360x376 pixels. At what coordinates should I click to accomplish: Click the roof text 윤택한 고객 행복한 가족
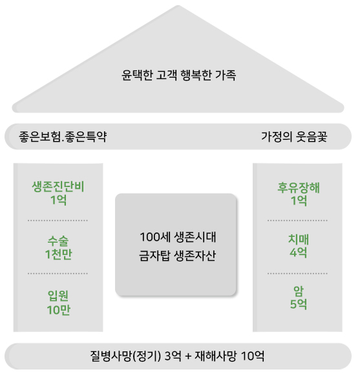click(x=178, y=75)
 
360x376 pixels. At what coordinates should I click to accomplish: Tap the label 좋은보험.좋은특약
click(x=63, y=137)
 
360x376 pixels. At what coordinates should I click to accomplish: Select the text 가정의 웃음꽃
click(x=294, y=137)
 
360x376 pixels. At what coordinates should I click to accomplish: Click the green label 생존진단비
click(x=58, y=187)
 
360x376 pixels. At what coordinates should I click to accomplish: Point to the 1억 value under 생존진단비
click(x=58, y=200)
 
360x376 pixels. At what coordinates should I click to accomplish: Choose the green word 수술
click(x=58, y=241)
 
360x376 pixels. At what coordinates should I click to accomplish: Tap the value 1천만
click(x=58, y=254)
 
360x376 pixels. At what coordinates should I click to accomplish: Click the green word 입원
click(x=58, y=296)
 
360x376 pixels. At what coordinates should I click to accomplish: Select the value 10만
click(x=58, y=310)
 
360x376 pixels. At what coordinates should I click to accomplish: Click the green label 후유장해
click(x=299, y=187)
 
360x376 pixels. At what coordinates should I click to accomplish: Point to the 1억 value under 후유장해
click(x=299, y=201)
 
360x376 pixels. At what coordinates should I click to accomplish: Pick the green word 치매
click(x=299, y=239)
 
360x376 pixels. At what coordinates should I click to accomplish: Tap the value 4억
click(x=298, y=252)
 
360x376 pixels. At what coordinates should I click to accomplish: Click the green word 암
click(x=299, y=291)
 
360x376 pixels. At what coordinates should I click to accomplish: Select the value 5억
click(x=299, y=304)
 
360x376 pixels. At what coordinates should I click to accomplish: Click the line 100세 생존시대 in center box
click(x=178, y=237)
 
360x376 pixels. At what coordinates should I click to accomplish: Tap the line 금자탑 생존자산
click(x=177, y=256)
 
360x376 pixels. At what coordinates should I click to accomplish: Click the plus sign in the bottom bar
click(x=188, y=357)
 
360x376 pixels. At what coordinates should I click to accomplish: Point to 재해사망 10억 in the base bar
click(x=229, y=356)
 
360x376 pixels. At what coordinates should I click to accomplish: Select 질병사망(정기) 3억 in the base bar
click(x=136, y=356)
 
